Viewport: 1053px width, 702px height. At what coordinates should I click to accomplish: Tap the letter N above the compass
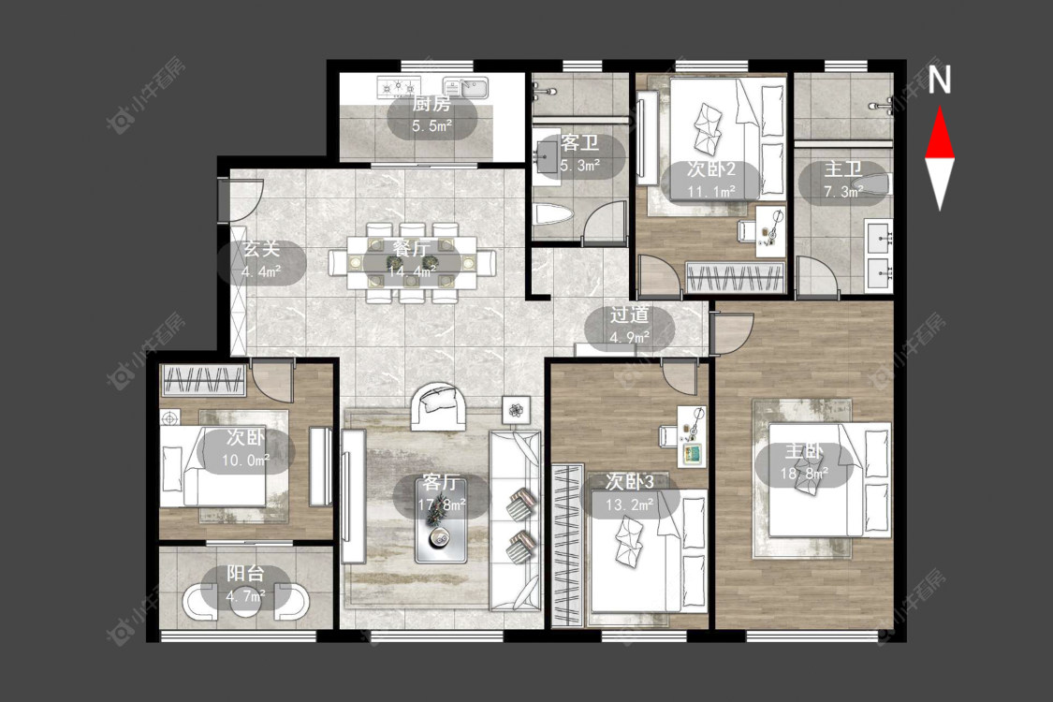[x=940, y=80]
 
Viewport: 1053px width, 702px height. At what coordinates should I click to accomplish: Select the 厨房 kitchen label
[x=431, y=104]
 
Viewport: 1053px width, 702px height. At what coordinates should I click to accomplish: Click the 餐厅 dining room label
[x=411, y=249]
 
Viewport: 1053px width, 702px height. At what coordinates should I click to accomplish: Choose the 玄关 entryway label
[x=260, y=249]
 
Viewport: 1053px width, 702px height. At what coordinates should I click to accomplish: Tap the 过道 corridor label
[x=629, y=315]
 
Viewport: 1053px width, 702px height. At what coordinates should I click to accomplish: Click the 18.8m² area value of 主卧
[x=804, y=474]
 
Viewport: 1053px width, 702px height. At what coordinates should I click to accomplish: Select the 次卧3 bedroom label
[x=629, y=481]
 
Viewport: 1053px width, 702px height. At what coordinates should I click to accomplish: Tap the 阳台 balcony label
[x=245, y=574]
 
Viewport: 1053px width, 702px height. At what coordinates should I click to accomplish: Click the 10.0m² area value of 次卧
[x=246, y=461]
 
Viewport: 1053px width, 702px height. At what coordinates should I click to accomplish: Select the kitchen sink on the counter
[x=467, y=88]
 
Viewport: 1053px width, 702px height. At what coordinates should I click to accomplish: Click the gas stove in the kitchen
[x=399, y=87]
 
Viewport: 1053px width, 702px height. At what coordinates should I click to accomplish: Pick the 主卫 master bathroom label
[x=843, y=169]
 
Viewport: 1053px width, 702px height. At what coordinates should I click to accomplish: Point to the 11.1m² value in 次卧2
[x=711, y=192]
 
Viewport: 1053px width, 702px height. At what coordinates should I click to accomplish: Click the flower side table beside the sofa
[x=516, y=409]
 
